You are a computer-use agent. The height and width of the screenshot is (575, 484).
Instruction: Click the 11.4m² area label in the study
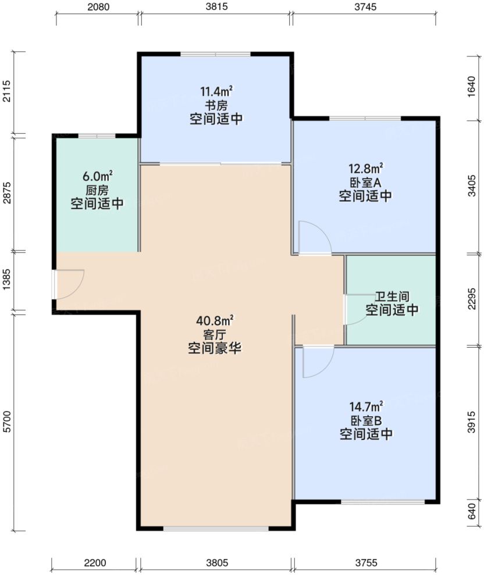[216, 91]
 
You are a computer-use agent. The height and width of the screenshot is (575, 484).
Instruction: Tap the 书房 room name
[216, 105]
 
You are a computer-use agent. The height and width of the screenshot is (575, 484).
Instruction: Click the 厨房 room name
[97, 190]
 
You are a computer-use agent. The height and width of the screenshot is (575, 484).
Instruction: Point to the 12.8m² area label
[365, 169]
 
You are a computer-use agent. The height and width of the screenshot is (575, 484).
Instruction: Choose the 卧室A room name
[365, 183]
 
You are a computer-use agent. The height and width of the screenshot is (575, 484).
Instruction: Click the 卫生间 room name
[391, 296]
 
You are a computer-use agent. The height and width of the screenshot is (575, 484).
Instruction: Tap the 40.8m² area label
[215, 320]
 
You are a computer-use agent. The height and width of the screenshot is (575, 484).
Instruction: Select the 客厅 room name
[215, 334]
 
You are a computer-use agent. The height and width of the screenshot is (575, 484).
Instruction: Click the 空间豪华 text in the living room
[215, 349]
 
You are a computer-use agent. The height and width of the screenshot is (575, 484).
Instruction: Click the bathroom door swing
[355, 309]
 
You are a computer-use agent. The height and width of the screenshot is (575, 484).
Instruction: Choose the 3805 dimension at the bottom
[216, 563]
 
